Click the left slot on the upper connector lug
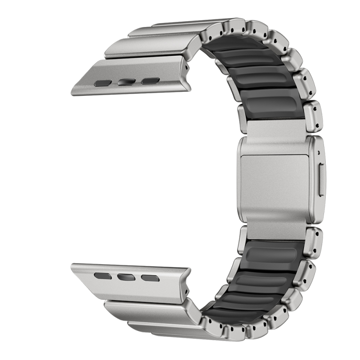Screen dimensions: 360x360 point(103,83)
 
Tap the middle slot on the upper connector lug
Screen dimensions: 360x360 point(126,82)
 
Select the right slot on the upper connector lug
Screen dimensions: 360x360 point(150,81)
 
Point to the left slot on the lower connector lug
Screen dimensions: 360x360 point(103,274)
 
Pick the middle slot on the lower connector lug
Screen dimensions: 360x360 point(126,276)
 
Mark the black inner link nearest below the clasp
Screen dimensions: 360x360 point(270,252)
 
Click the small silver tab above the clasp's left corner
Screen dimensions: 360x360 point(243,123)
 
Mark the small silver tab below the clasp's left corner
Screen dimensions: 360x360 point(243,234)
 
